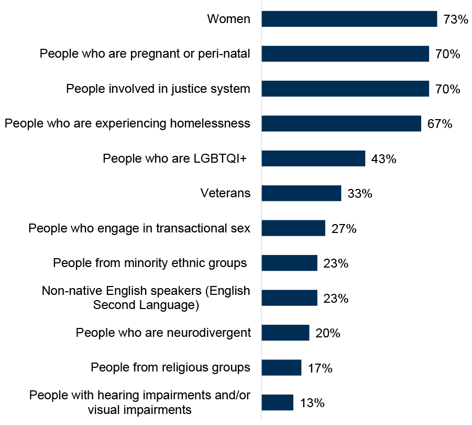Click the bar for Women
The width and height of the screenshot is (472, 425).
point(349,19)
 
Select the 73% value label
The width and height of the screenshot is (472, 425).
point(455,20)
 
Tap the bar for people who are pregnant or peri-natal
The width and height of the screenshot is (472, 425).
point(345,54)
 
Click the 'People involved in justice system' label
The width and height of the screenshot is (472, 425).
point(158,89)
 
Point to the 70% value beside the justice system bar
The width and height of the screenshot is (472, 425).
point(447,89)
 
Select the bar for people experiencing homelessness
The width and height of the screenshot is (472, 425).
point(341,124)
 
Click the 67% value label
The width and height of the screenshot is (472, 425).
point(440,124)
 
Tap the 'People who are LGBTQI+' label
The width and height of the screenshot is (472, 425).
point(175,158)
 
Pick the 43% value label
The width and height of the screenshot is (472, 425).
point(383,159)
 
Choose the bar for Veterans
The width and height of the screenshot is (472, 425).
point(301,193)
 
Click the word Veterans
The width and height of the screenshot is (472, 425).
point(225,194)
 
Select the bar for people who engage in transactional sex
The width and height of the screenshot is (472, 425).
point(293,228)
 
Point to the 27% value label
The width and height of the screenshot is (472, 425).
point(344,229)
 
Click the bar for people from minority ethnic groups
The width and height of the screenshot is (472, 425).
point(289,263)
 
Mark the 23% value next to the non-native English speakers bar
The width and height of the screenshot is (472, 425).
point(336,299)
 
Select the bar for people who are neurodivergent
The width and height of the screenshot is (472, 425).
point(286,333)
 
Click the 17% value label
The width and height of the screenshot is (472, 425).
point(320,368)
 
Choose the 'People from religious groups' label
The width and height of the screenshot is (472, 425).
point(170,367)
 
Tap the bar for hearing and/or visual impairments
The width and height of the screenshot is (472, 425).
point(277,402)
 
